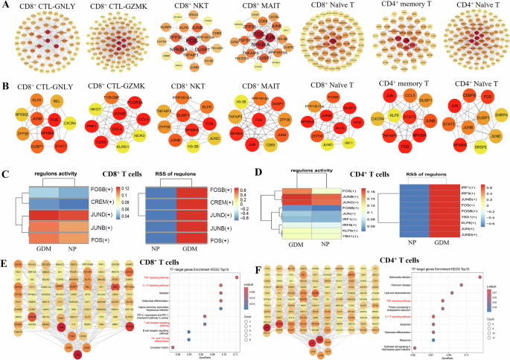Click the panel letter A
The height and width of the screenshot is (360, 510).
[6, 7]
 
